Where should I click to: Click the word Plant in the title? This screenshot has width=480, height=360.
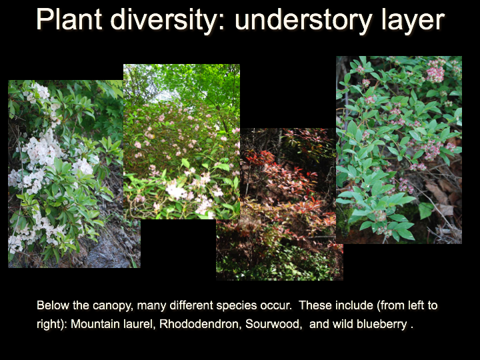(69, 19)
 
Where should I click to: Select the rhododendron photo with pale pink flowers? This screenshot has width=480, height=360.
(181, 141)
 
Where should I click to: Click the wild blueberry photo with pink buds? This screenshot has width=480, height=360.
(399, 150)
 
